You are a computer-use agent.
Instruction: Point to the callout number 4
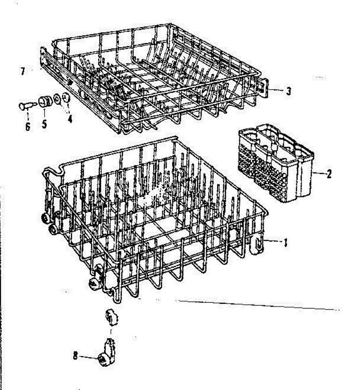pyautogui.click(x=70, y=119)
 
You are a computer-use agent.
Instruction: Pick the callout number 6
pyautogui.click(x=28, y=126)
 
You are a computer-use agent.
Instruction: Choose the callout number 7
pyautogui.click(x=22, y=71)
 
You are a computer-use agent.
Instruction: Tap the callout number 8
pyautogui.click(x=75, y=356)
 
